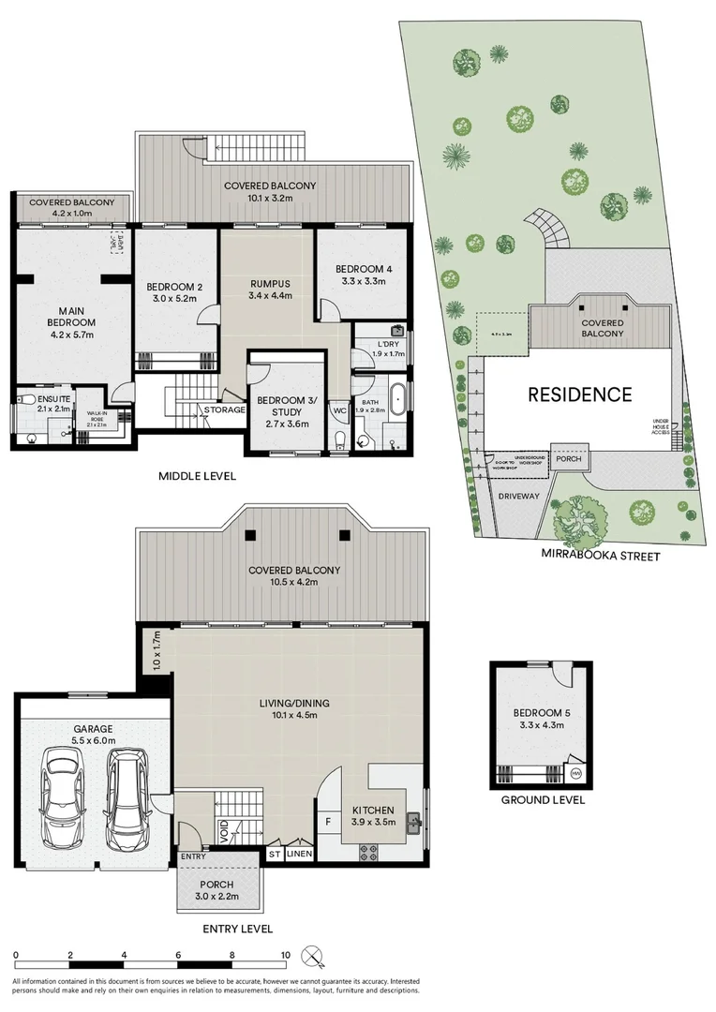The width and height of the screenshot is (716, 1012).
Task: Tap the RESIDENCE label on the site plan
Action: pyautogui.click(x=579, y=394)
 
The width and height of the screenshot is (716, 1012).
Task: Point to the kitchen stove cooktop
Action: pyautogui.click(x=368, y=853)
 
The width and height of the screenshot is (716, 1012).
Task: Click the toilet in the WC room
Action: pyautogui.click(x=339, y=440)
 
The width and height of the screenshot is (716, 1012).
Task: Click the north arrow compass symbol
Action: pyautogui.click(x=312, y=957)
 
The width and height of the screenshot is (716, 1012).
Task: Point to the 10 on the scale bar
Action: pyautogui.click(x=285, y=956)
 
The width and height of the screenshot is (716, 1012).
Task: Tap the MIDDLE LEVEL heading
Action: pyautogui.click(x=198, y=477)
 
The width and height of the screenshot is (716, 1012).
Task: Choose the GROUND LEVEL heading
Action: pyautogui.click(x=543, y=800)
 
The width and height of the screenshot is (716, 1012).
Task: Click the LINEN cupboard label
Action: pyautogui.click(x=299, y=854)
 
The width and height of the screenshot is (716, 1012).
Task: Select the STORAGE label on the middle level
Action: pyautogui.click(x=225, y=409)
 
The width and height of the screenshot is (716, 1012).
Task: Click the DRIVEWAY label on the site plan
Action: pyautogui.click(x=518, y=497)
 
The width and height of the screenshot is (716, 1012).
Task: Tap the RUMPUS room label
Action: pyautogui.click(x=270, y=283)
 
